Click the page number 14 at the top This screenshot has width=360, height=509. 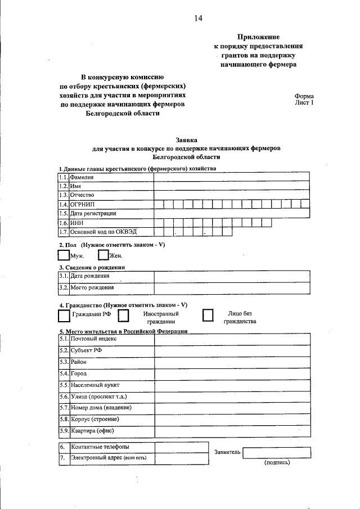(198, 18)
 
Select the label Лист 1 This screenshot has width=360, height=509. (304, 103)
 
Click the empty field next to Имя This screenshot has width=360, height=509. (232, 186)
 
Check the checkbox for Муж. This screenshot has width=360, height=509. (65, 255)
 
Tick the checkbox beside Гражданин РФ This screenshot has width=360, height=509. (64, 317)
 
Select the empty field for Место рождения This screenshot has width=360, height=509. (232, 288)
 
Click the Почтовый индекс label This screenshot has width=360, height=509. (93, 339)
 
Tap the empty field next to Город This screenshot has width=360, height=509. (232, 373)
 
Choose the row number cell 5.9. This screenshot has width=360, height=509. (64, 431)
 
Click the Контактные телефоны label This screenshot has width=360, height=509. (100, 447)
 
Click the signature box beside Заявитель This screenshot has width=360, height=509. (277, 453)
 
